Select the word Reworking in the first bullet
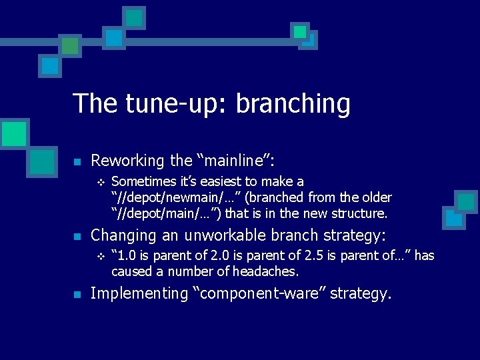point(127,161)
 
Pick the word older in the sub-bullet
point(375,198)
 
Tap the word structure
point(359,214)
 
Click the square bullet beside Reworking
point(77,162)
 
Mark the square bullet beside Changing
point(77,237)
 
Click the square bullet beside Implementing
point(77,295)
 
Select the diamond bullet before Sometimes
point(101,182)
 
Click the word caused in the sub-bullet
point(129,271)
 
